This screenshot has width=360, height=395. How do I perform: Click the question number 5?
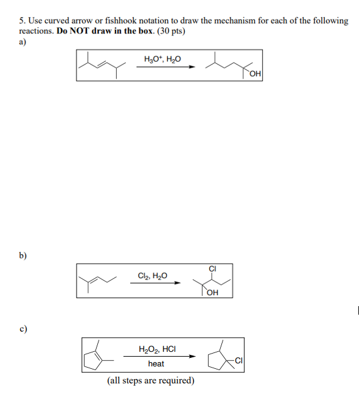point(21,21)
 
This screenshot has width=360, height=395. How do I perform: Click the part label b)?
point(22,256)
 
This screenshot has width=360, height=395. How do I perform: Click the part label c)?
point(22,330)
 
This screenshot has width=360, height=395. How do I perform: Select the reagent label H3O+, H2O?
point(162,59)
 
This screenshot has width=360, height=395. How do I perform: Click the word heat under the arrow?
point(156,363)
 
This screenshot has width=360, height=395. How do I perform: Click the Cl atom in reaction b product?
point(212,268)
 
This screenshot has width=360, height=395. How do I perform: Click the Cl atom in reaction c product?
point(238,360)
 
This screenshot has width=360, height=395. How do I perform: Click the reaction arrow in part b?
point(156,283)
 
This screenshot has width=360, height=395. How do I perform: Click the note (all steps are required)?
point(151,381)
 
